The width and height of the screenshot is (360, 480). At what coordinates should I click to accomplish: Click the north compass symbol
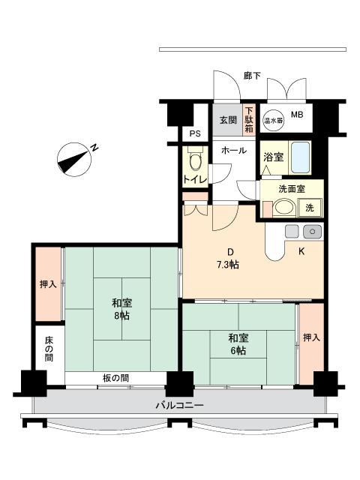(x=74, y=160)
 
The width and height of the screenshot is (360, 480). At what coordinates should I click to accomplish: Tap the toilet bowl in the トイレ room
(x=195, y=160)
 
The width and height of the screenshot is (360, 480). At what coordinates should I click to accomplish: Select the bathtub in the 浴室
(x=300, y=157)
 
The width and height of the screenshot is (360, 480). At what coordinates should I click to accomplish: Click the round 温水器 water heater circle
(x=273, y=120)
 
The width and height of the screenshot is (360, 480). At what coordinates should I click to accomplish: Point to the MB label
(x=297, y=115)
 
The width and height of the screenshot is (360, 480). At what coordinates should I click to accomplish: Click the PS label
(x=195, y=133)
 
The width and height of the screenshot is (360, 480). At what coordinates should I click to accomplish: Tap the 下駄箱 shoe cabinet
(x=249, y=119)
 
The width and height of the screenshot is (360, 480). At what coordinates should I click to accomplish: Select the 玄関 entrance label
(x=228, y=120)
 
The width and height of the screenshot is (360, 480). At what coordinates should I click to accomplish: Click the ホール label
(x=233, y=150)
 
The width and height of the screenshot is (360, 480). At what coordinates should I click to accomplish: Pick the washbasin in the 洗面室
(x=283, y=207)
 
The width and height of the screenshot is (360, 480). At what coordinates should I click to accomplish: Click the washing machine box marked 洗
(x=310, y=208)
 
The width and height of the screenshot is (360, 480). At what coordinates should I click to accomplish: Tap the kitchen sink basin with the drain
(x=312, y=232)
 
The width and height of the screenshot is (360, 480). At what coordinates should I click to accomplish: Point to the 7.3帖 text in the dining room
(x=228, y=265)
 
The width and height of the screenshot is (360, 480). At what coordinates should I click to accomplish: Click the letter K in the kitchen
(x=301, y=252)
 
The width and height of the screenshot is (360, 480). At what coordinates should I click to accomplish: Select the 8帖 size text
(x=121, y=315)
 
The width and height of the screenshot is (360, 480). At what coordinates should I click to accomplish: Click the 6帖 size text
(x=238, y=350)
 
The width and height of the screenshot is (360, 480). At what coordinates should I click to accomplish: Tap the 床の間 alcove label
(x=49, y=349)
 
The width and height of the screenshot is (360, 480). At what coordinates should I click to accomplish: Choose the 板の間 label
(x=115, y=378)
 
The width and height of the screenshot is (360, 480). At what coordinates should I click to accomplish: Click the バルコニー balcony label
(x=180, y=406)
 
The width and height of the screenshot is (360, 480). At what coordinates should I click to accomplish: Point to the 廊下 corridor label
(x=252, y=76)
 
